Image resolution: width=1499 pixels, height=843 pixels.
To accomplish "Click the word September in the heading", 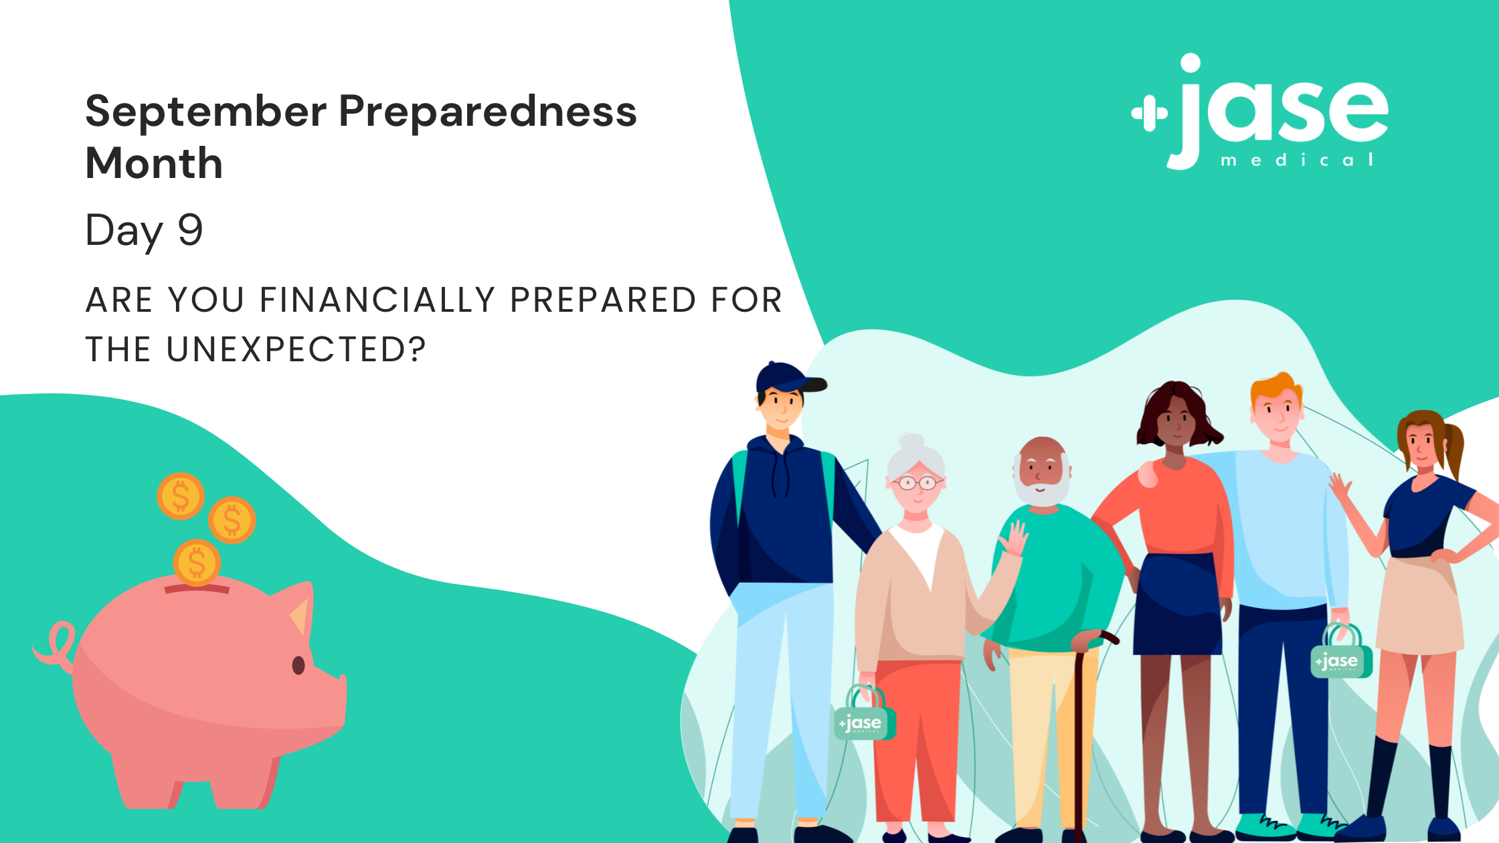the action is click(x=206, y=112).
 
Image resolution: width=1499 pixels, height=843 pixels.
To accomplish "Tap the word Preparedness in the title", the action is click(x=488, y=112).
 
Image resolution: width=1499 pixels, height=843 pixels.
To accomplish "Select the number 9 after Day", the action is click(x=190, y=229).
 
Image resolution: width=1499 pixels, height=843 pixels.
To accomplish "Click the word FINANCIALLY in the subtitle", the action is click(x=377, y=300).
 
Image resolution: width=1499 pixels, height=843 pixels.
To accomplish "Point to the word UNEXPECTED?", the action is click(x=296, y=349).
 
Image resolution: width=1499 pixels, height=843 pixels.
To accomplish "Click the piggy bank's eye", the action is click(x=298, y=665).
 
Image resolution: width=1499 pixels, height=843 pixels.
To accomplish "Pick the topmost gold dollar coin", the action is click(x=181, y=496).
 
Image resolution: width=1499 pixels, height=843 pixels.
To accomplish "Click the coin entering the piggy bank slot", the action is click(x=197, y=562).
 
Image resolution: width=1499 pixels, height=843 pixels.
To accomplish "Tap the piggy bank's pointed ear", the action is click(x=299, y=612).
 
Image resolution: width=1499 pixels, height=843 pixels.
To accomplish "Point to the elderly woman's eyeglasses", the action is click(x=917, y=482).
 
